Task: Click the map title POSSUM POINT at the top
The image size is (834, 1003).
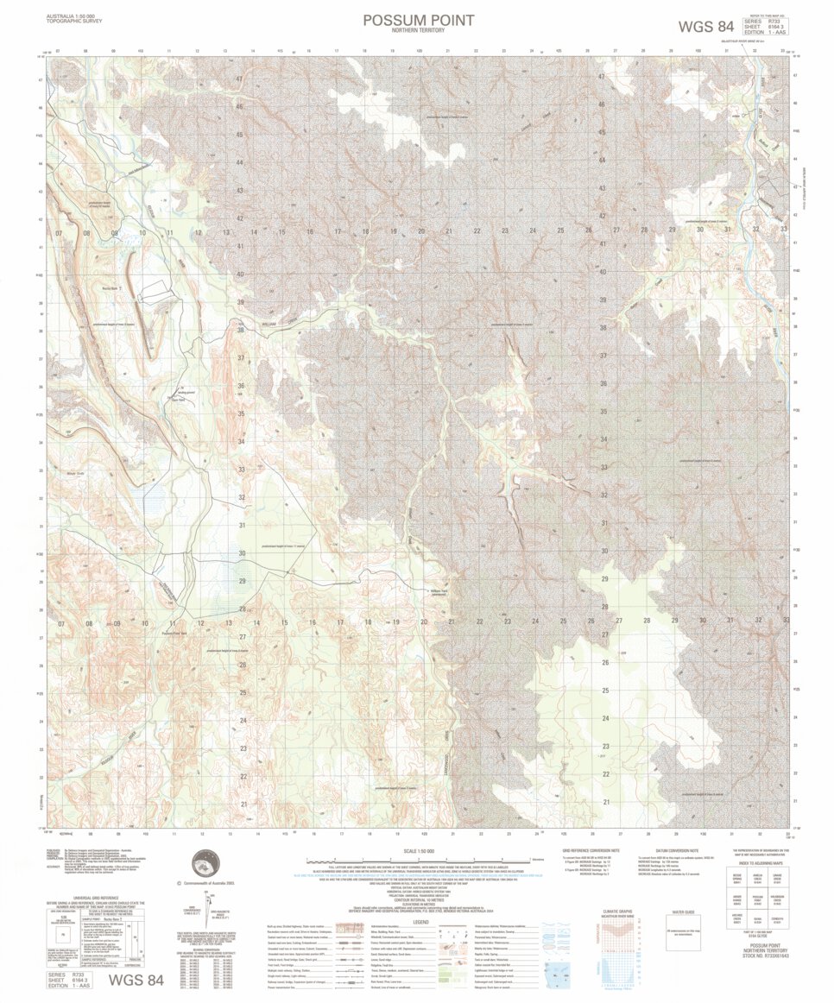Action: point(418,20)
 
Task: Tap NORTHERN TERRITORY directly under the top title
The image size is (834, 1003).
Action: point(418,31)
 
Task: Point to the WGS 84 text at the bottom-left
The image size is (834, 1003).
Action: point(135,980)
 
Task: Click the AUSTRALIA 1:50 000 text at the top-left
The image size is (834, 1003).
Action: point(71,15)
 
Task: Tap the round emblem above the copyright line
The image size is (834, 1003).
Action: point(205,862)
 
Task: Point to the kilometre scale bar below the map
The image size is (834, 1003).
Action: point(418,860)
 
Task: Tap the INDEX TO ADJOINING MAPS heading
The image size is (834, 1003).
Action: point(761,863)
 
